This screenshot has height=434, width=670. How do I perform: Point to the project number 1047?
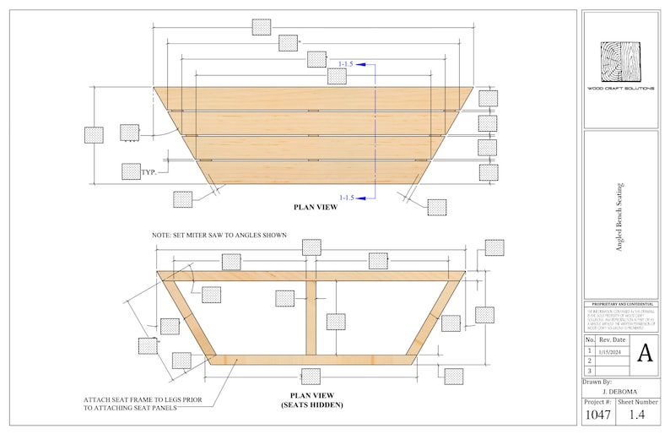597,415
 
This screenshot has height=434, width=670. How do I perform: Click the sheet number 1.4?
637,415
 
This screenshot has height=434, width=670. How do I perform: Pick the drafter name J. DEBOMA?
619,392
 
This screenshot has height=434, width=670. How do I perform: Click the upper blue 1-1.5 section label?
347,63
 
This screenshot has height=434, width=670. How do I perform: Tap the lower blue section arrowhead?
359,198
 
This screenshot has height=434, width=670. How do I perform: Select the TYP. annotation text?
149,171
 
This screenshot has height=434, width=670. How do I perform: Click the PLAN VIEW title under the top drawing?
315,207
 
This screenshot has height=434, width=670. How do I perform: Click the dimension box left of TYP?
130,171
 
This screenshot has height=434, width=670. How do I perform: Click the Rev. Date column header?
612,339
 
